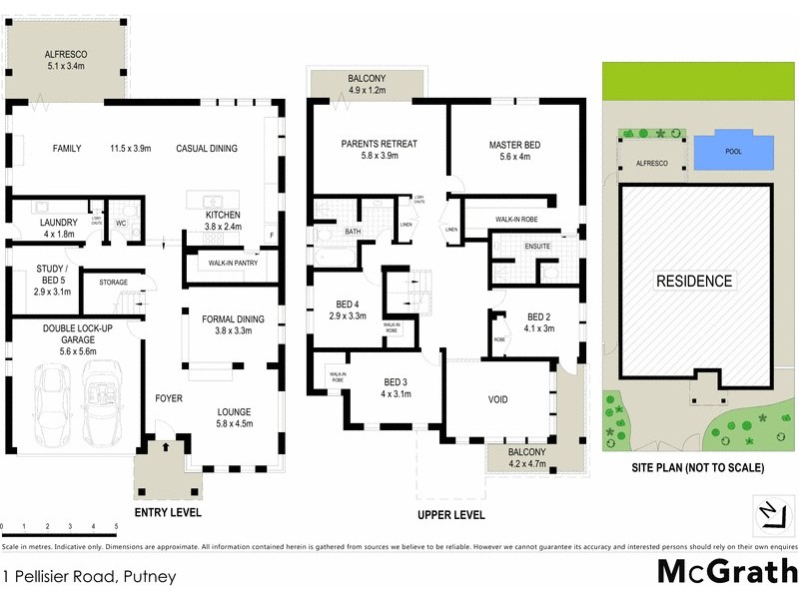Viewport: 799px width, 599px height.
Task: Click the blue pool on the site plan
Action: tap(734, 153)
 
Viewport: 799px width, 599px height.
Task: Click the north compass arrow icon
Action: tap(767, 511)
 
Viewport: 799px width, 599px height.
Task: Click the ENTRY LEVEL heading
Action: tap(167, 512)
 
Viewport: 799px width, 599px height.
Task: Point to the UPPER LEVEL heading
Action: tap(451, 515)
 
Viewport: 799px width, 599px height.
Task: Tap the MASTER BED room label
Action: tap(515, 145)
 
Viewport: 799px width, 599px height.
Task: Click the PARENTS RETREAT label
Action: tap(379, 145)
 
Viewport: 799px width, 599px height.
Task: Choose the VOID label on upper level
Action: tap(497, 400)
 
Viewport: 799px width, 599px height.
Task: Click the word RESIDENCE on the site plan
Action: tap(694, 282)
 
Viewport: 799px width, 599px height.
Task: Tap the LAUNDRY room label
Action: tap(59, 222)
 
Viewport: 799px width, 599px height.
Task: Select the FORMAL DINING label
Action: tap(233, 319)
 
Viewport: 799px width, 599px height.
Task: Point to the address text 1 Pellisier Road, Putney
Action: tap(90, 576)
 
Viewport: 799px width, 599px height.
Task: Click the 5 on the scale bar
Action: tap(116, 525)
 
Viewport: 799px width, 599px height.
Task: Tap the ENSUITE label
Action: tap(537, 246)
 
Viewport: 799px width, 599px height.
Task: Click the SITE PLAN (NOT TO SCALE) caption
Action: tap(697, 467)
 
